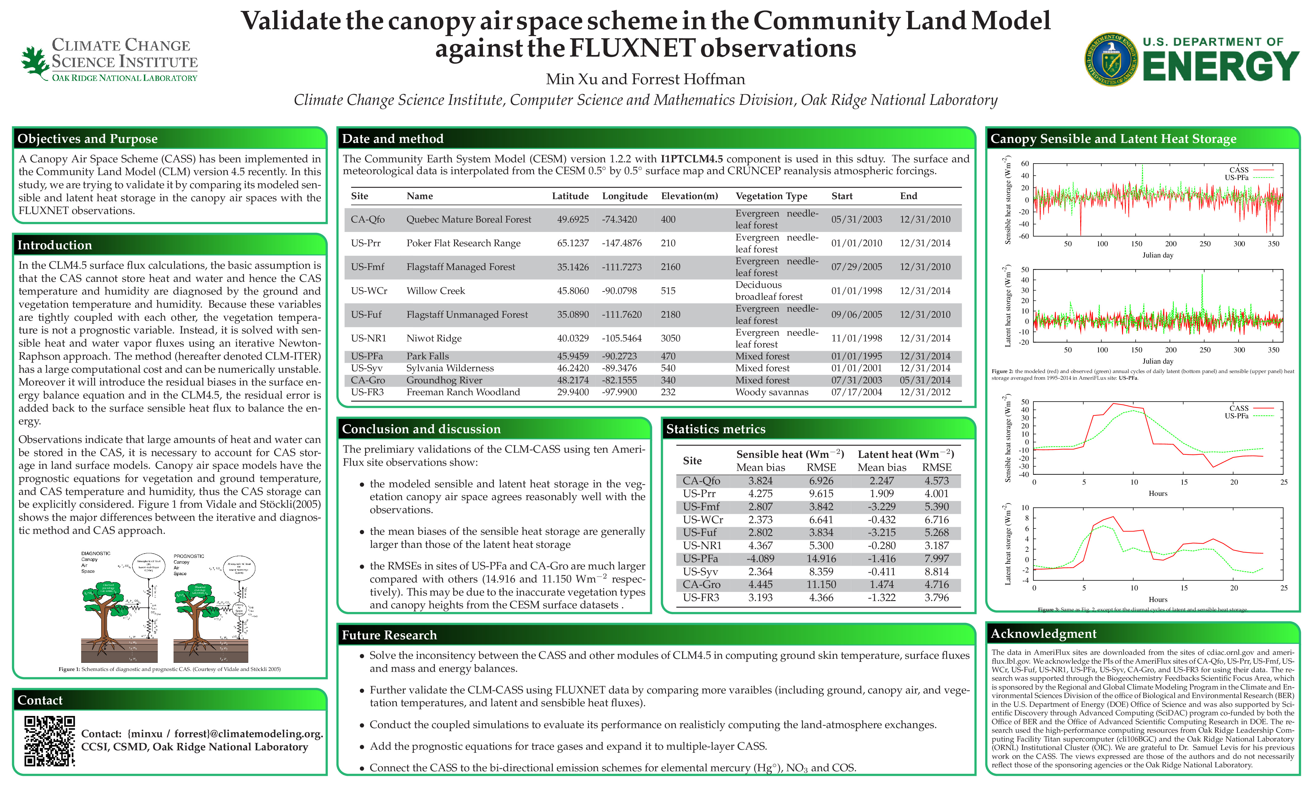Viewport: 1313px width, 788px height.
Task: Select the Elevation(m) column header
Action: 689,196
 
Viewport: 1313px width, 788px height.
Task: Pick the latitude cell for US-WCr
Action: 573,290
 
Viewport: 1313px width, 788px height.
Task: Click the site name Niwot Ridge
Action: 434,338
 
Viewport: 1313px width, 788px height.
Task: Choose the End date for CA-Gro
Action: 925,380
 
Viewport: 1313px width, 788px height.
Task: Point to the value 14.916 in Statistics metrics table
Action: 821,558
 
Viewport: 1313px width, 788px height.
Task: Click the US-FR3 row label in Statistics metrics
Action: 701,597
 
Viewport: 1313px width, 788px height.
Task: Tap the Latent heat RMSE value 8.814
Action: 937,572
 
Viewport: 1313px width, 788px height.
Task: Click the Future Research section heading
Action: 389,635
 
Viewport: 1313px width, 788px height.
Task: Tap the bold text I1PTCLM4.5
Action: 691,159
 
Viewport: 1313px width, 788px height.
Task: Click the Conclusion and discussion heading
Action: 421,429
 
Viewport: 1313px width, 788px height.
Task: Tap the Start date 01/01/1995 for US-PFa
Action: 856,356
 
